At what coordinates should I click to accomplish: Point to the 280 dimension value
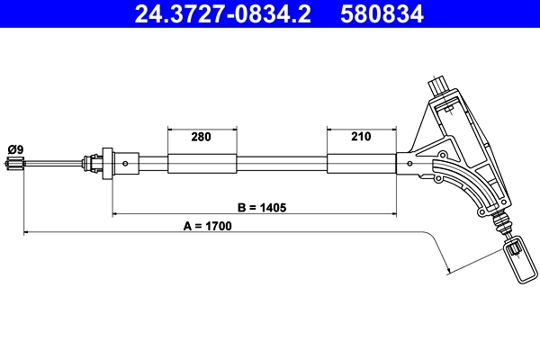tap(202, 138)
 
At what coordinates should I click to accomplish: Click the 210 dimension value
tap(361, 138)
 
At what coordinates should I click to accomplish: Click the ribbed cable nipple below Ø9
tap(14, 164)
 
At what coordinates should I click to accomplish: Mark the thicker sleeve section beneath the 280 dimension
tap(202, 164)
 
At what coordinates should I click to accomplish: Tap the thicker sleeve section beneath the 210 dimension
tap(361, 164)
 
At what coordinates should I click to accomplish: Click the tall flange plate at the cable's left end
tap(107, 164)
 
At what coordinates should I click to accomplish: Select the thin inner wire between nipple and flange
tap(54, 164)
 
